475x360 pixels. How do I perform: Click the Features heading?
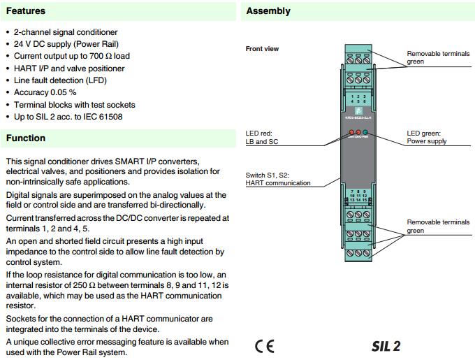pos(26,11)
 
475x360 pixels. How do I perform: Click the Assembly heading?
pos(268,11)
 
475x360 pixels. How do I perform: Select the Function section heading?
pos(26,138)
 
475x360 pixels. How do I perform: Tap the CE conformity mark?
pos(265,346)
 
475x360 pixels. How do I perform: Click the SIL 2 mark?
pos(386,346)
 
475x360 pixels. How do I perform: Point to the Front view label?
pos(262,49)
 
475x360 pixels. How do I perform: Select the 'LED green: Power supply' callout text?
pos(427,137)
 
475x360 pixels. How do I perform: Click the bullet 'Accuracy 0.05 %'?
pos(45,92)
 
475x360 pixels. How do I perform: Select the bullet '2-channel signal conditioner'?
pos(66,32)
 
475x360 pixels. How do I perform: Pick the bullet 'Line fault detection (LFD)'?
pos(61,80)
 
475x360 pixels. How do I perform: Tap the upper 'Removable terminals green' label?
pos(438,57)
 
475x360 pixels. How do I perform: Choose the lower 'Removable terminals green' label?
pos(438,226)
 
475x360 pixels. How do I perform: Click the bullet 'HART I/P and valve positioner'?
pos(69,69)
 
